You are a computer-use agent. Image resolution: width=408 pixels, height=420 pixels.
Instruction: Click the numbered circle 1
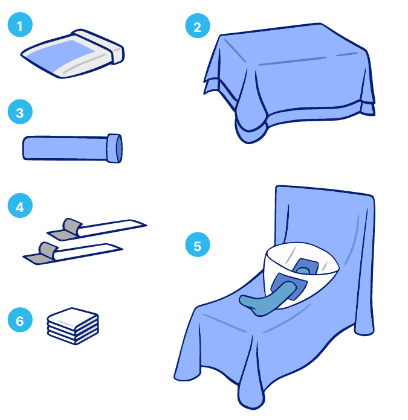pos(20,25)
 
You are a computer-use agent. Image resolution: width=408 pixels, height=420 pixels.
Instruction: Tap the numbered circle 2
pos(198,26)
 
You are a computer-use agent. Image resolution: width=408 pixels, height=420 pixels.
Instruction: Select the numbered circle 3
pos(20,112)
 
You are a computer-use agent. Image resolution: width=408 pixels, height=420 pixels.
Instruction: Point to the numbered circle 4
pos(20,205)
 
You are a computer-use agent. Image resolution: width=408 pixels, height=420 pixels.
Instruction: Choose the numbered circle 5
pos(198,244)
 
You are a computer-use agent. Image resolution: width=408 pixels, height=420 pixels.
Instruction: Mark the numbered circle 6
pos(20,320)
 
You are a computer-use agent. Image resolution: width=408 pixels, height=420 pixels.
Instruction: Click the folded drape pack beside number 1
pos(73,54)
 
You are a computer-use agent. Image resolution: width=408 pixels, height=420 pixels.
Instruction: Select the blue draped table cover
pos(289,78)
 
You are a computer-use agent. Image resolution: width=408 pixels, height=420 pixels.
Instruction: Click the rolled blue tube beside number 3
pos(73,148)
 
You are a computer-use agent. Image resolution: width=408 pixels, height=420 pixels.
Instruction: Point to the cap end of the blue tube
pos(114,148)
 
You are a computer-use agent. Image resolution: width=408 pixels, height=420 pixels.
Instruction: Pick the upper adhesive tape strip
pos(97,229)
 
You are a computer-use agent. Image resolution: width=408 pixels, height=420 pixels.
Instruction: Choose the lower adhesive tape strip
pos(73,253)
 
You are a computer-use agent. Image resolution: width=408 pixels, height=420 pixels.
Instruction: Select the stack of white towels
pos(73,326)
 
